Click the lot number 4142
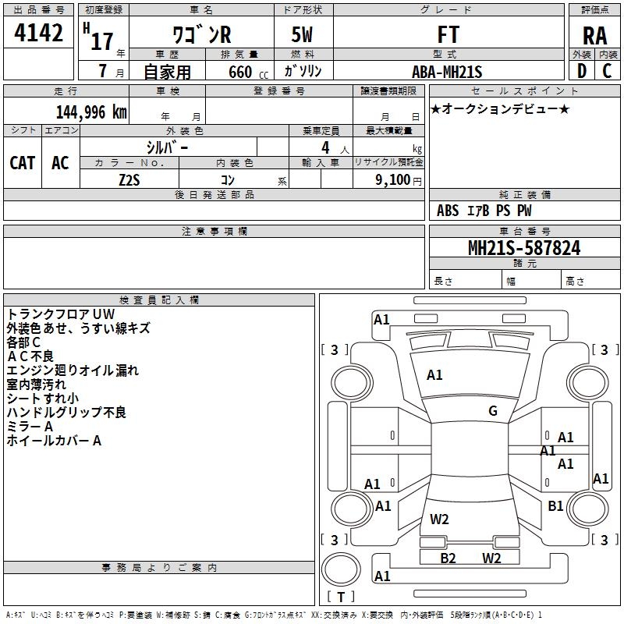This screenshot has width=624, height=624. tap(38, 33)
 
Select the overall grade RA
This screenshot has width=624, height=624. tap(594, 36)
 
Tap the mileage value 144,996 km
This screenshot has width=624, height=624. tap(91, 112)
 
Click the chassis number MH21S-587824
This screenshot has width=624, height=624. tap(524, 248)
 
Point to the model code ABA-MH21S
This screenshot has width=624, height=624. tap(447, 72)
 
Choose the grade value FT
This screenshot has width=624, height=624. tap(448, 34)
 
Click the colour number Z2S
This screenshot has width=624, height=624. tap(129, 180)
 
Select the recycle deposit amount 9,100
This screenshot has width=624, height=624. tap(393, 179)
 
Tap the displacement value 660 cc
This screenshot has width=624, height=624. tap(248, 73)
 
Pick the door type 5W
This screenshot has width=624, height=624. tap(302, 34)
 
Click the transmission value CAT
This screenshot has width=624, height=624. tap(23, 163)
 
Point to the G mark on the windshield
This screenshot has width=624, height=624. tap(493, 411)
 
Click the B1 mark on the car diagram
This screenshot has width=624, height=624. tap(555, 505)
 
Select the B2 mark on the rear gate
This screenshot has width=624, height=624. tap(448, 558)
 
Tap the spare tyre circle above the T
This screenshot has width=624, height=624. tap(341, 569)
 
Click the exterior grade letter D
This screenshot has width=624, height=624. tap(582, 71)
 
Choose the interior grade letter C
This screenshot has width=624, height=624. tap(607, 71)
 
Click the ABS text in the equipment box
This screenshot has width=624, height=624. tap(448, 211)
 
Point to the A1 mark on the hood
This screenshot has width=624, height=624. tap(434, 375)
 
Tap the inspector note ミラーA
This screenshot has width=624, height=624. tap(30, 427)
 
